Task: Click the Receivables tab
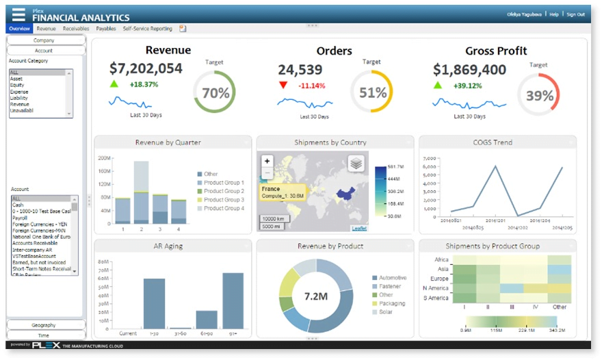pos(75,29)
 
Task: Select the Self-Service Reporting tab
pos(147,29)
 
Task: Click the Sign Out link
pos(575,14)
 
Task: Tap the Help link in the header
pos(553,14)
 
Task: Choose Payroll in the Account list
pos(21,218)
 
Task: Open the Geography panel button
pos(44,324)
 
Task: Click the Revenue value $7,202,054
pos(146,68)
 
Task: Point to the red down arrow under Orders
pos(283,86)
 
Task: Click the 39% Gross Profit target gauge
pos(538,94)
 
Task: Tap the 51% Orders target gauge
pos(372,93)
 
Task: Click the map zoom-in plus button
pos(267,162)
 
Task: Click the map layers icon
pos(356,163)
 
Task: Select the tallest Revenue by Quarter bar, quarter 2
pos(142,192)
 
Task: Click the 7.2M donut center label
pos(315,296)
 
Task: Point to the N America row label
pos(435,289)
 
